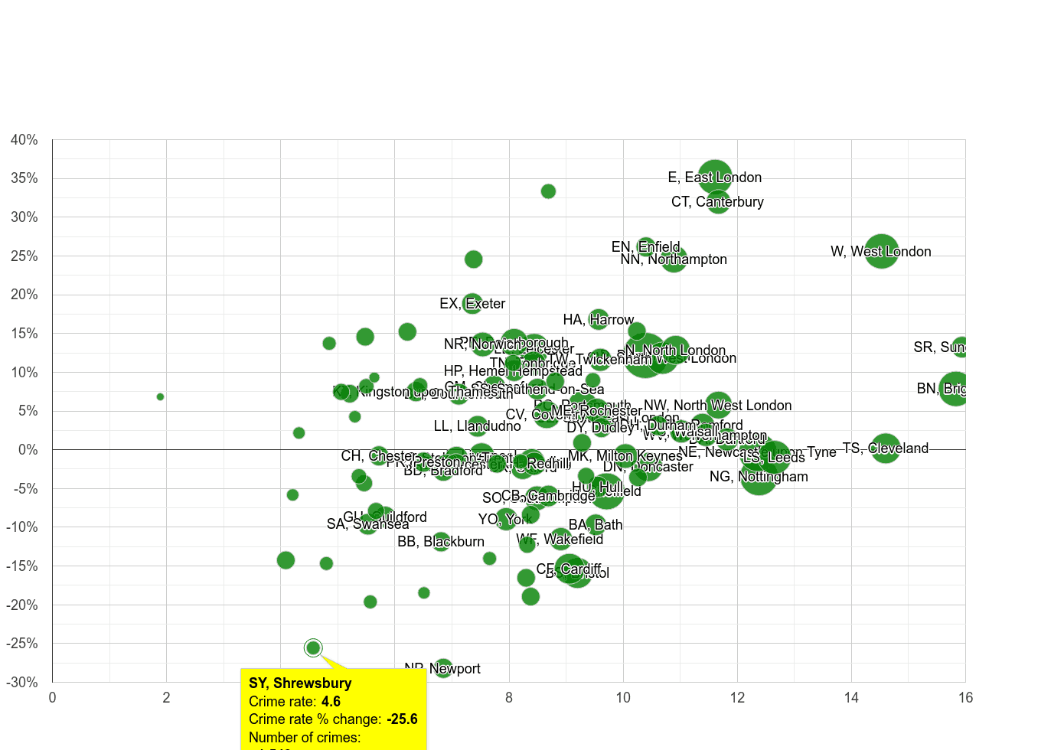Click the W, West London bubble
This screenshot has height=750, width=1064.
point(881,251)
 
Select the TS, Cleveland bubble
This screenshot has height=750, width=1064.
point(885,448)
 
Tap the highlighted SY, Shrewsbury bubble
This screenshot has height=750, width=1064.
point(313,648)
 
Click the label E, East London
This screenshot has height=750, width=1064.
point(714,178)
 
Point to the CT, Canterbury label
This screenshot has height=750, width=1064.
point(717,202)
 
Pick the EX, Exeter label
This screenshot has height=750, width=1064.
point(472,304)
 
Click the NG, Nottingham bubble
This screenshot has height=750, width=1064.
point(759,477)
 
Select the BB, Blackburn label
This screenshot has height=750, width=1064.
point(441,542)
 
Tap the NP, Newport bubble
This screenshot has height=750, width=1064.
point(443,668)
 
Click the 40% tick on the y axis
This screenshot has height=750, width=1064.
point(24,140)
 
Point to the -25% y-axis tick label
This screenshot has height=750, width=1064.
point(22,644)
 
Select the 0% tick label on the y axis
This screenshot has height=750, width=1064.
point(28,450)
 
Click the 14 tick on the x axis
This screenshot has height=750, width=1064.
point(851,697)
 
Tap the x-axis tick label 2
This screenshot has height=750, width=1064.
point(166,697)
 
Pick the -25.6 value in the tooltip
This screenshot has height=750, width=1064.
point(402,719)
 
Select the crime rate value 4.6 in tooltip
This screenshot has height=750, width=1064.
point(331,702)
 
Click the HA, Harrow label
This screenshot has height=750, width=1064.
point(598,320)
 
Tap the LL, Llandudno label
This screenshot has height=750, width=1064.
point(477,426)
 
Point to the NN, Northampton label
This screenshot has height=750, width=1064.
point(674,259)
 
